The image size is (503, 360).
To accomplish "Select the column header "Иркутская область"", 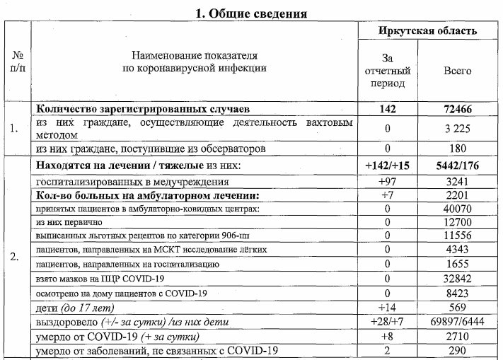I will click(x=427, y=31).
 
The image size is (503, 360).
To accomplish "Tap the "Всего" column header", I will click(x=457, y=71).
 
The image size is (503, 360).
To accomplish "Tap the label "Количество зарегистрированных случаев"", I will click(x=144, y=110).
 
